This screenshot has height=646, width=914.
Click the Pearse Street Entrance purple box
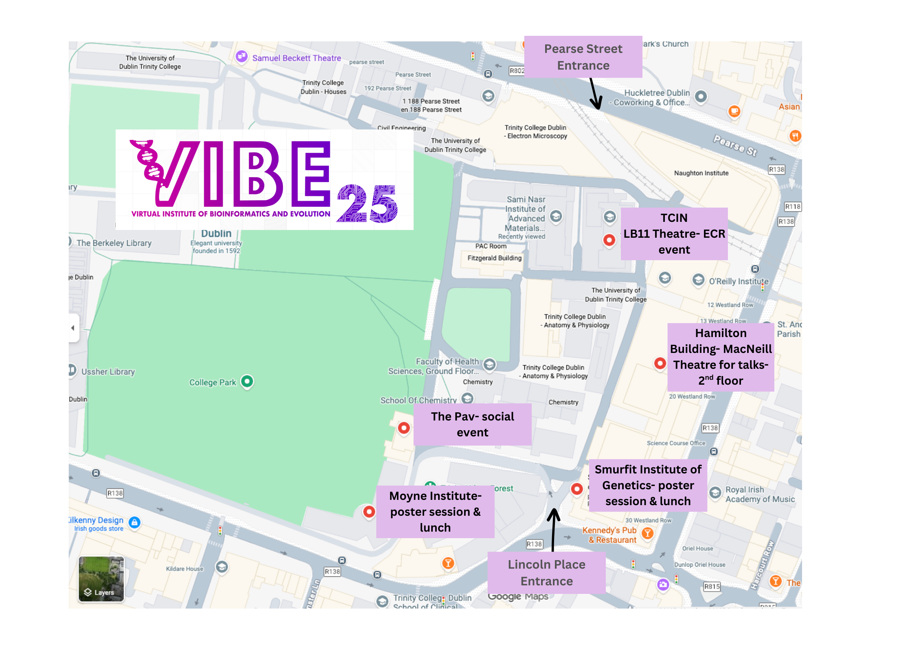click(583, 57)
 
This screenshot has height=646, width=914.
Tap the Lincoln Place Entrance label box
click(546, 572)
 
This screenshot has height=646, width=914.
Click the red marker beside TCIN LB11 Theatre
click(609, 240)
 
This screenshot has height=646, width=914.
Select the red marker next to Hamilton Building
click(660, 363)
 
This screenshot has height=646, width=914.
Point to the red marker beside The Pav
click(403, 428)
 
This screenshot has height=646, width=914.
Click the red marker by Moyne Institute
click(369, 511)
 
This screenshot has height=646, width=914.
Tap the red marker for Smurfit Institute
click(576, 488)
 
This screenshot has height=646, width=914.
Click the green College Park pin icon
click(247, 381)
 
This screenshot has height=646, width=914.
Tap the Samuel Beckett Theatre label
click(296, 58)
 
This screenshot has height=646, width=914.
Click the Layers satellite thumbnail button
click(101, 578)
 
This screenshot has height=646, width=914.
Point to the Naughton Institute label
click(701, 173)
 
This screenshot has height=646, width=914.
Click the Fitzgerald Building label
click(494, 258)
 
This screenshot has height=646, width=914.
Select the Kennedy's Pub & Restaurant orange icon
click(647, 533)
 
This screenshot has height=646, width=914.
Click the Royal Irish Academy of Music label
click(759, 494)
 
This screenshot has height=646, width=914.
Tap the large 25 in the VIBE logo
click(367, 204)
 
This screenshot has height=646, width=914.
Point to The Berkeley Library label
click(114, 243)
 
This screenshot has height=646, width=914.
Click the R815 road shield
click(712, 587)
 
